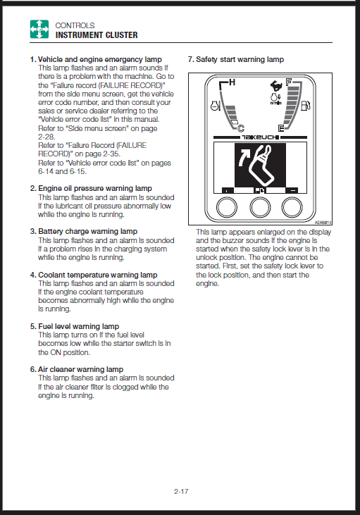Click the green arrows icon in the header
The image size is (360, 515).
coord(39,29)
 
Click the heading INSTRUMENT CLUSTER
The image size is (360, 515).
coord(97,35)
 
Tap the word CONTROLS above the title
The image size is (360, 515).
coord(75,25)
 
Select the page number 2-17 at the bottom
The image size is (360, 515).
coord(181,491)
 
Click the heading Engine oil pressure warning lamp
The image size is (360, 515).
coord(95,189)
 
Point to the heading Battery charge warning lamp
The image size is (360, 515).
coord(87,232)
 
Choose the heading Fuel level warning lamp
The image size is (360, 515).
coord(78,326)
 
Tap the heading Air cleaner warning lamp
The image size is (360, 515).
coord(81,369)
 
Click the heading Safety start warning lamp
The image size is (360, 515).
coord(240,59)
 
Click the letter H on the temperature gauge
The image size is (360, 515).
coord(232,82)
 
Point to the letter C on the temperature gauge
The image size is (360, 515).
coord(241,128)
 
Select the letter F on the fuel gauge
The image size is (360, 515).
coord(289,82)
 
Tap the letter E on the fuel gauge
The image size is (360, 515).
coord(281,128)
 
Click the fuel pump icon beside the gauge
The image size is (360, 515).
coord(306,106)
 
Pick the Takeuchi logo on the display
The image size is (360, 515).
coord(260,137)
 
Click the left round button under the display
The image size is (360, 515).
coord(227,207)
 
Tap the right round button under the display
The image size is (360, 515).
coord(292,207)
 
